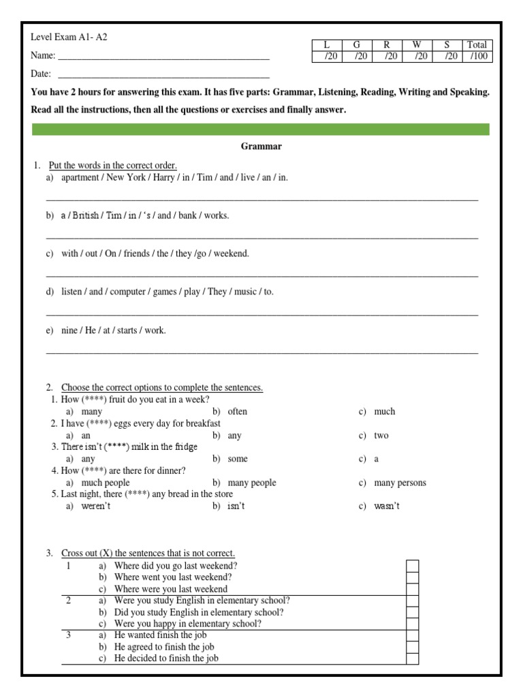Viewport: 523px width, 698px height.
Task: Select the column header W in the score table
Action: (x=417, y=45)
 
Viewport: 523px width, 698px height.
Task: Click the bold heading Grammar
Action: (x=261, y=146)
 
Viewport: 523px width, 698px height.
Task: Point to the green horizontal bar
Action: (x=261, y=130)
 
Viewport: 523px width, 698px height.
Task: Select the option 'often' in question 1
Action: (x=237, y=412)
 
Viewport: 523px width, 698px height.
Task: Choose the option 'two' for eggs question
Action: (x=381, y=436)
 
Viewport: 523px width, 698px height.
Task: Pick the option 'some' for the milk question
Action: (x=238, y=459)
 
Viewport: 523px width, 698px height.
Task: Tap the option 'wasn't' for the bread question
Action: (x=387, y=506)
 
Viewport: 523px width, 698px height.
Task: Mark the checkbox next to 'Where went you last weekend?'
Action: (x=412, y=577)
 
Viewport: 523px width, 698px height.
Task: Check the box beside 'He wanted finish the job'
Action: (x=412, y=635)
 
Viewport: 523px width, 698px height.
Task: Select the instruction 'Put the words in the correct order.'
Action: (x=113, y=166)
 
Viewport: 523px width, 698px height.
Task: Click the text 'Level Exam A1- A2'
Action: (x=69, y=37)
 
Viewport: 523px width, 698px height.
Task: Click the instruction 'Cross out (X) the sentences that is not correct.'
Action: (x=148, y=553)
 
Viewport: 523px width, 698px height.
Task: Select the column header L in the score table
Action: (x=326, y=45)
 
